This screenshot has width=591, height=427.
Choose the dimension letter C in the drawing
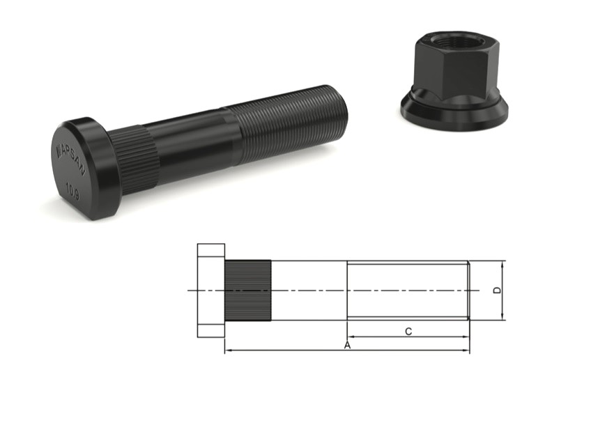click(x=408, y=332)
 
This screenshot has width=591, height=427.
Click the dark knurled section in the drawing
click(x=247, y=290)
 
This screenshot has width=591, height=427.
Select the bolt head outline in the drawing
click(x=210, y=290)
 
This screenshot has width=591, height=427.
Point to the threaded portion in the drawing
click(x=408, y=290)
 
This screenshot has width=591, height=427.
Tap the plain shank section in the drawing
click(x=309, y=290)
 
